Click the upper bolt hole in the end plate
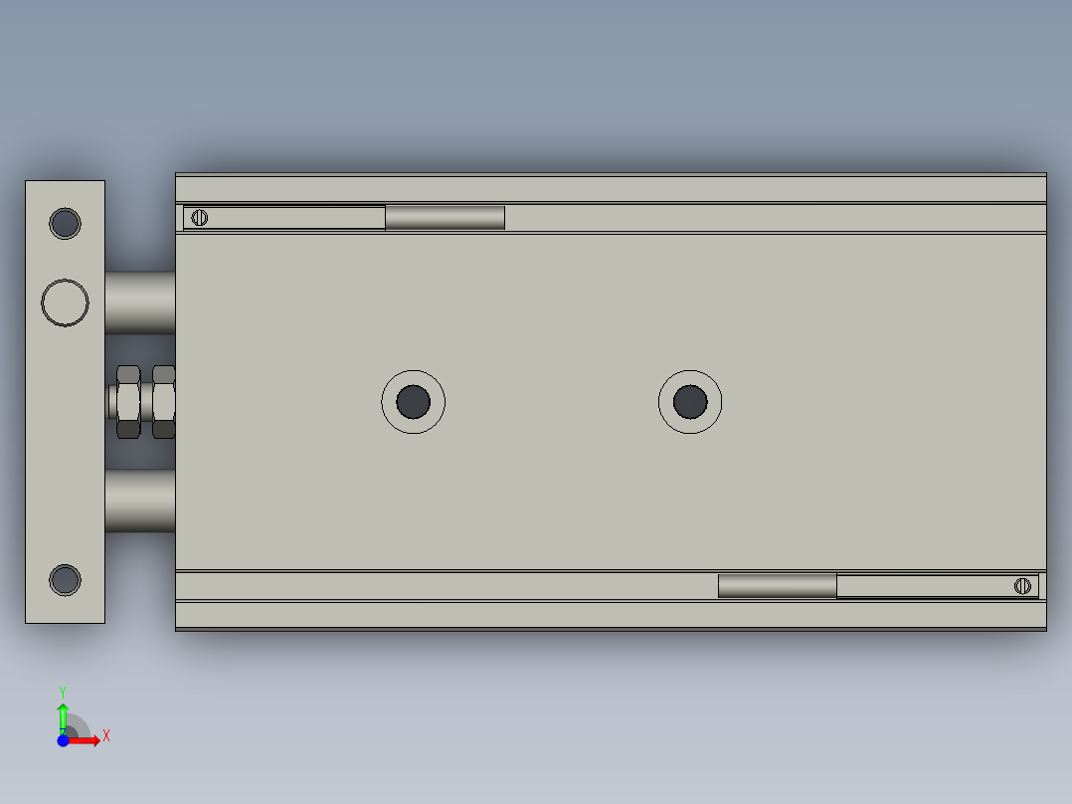point(65,223)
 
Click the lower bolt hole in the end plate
point(65,578)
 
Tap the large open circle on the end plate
point(65,301)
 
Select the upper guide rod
point(139,302)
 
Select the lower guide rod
point(139,501)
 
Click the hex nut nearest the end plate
point(128,402)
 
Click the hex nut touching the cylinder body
point(164,402)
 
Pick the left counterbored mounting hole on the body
point(413,401)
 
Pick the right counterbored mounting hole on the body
point(690,401)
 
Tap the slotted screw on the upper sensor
point(200,217)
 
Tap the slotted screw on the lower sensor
point(1022,586)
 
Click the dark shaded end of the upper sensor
point(445,217)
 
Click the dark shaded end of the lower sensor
point(777,586)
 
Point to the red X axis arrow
point(85,739)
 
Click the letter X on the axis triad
point(106,736)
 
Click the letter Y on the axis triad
point(63,691)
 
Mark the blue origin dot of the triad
point(63,739)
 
